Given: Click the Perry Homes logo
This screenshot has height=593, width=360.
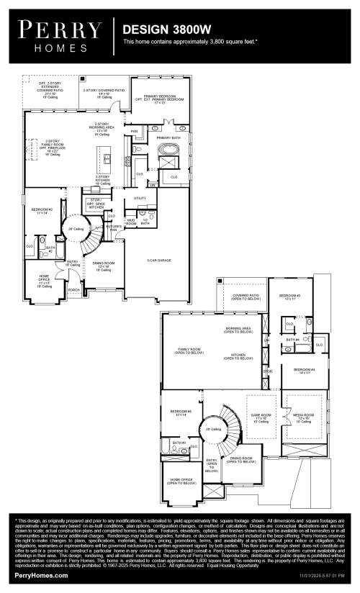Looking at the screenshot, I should pos(60,35).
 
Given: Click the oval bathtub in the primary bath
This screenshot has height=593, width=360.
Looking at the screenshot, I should pos(170,151).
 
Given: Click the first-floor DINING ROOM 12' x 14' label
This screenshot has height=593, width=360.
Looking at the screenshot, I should pos(102,266).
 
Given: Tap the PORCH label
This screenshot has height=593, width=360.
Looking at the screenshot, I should pos(73,291).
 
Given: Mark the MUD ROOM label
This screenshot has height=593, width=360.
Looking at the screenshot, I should pos(130,224).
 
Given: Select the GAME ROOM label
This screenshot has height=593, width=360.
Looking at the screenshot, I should pos(260,417).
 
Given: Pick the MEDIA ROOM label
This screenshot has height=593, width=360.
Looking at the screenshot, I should pos(304,417).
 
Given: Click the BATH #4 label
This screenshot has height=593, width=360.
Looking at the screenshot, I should pos(292,340).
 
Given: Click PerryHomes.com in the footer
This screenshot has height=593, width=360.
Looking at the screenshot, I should pos(41,576).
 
